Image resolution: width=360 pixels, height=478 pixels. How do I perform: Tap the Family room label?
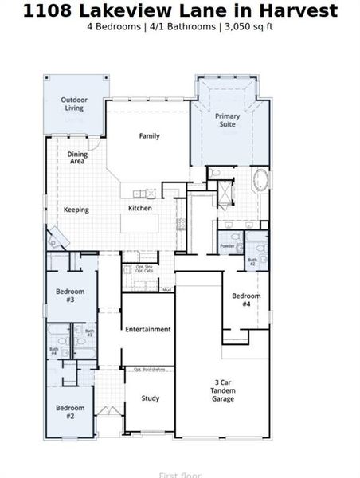[149, 136]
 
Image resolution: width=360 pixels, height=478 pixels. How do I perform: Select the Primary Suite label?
[228, 120]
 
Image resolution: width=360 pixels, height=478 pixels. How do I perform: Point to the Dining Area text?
[77, 158]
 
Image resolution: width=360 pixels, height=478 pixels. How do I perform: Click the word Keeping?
[76, 210]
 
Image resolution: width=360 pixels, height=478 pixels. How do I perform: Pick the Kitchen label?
[140, 209]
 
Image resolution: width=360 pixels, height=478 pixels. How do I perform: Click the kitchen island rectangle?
[147, 224]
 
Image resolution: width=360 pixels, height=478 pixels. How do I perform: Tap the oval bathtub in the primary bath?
[262, 179]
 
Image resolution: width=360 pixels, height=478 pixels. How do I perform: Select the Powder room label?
[226, 246]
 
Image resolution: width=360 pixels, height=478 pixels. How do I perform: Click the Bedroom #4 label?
[246, 300]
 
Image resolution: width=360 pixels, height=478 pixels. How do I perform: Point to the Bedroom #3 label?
[70, 296]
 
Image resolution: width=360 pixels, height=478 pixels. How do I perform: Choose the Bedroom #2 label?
[70, 412]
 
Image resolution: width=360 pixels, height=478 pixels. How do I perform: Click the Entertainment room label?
[147, 329]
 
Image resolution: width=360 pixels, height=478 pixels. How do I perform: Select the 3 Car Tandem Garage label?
[223, 390]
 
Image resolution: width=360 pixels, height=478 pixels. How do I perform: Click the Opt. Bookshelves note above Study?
[149, 370]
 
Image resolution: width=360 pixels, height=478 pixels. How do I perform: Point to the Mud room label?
[167, 289]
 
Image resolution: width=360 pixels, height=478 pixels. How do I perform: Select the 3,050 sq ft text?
[248, 26]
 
